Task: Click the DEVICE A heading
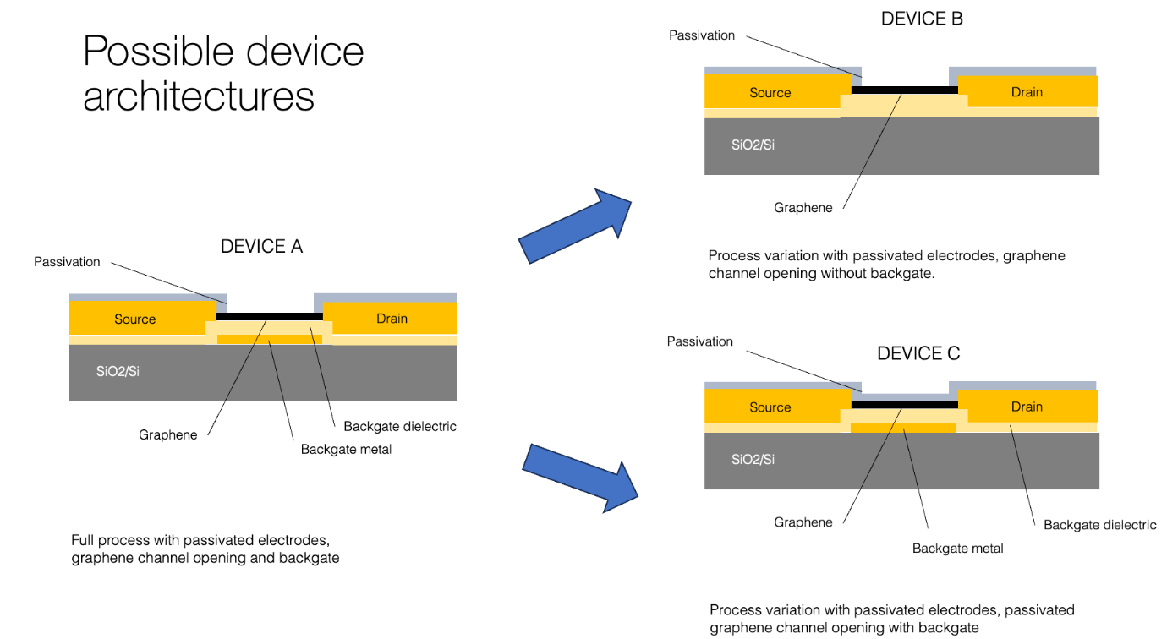coord(261,247)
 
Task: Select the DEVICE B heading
coord(922,19)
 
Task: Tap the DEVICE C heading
coord(918,353)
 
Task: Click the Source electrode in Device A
coord(135,319)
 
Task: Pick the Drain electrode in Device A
coord(392,318)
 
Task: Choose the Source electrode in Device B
coord(770,92)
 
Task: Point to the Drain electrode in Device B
coord(1027,91)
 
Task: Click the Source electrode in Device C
coord(770,407)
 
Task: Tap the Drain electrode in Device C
coord(1027,406)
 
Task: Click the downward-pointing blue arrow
coord(578,476)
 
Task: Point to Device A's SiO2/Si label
coord(118,370)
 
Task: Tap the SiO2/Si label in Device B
coord(753,144)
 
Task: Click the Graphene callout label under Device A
coord(168,434)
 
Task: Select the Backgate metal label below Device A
coord(346,449)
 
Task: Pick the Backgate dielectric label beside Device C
coord(1099,525)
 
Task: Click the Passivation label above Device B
coord(701,35)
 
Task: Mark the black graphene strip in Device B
coord(904,89)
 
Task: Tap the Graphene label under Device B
coord(803,207)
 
